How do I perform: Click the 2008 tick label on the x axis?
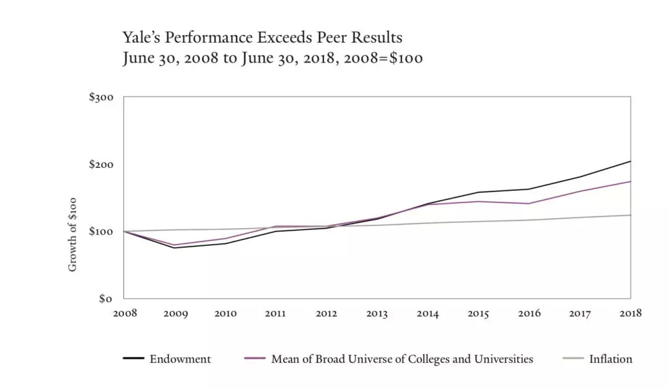tap(125, 313)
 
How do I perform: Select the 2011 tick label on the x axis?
tap(276, 313)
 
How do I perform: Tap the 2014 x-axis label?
tap(427, 313)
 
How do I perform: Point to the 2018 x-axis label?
tap(630, 313)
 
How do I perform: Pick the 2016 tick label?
tap(528, 313)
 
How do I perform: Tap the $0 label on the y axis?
tap(107, 299)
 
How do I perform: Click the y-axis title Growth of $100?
tap(72, 234)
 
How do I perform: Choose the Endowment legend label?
tap(180, 359)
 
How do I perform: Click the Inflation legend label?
tap(611, 359)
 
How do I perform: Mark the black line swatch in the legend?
tap(133, 359)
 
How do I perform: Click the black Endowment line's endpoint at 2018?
tap(631, 161)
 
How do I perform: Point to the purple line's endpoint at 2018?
tap(631, 181)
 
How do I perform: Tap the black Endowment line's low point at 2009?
tap(175, 248)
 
